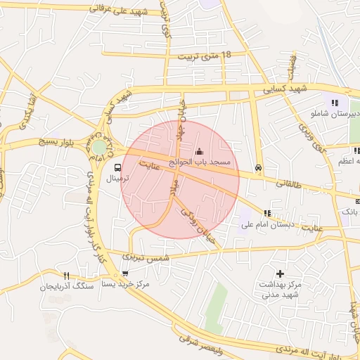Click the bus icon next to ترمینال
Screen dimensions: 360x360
coord(117,167)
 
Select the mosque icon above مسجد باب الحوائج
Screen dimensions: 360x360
coord(199,151)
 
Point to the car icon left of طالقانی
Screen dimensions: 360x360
coord(259,168)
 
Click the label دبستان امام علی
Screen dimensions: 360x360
coord(266,225)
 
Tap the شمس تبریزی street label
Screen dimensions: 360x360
coord(146,258)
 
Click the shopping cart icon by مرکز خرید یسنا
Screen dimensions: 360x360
coord(125,274)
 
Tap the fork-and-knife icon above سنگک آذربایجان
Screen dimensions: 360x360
coord(66,276)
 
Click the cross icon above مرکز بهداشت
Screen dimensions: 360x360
coord(280,273)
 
